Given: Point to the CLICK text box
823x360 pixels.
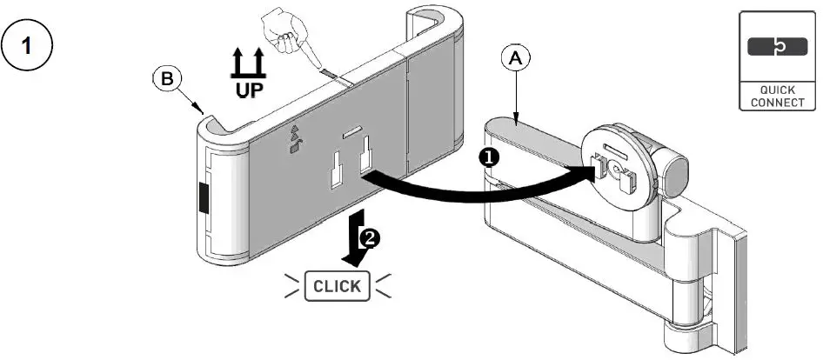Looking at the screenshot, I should (x=337, y=285).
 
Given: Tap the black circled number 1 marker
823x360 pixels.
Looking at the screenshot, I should (x=489, y=157).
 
